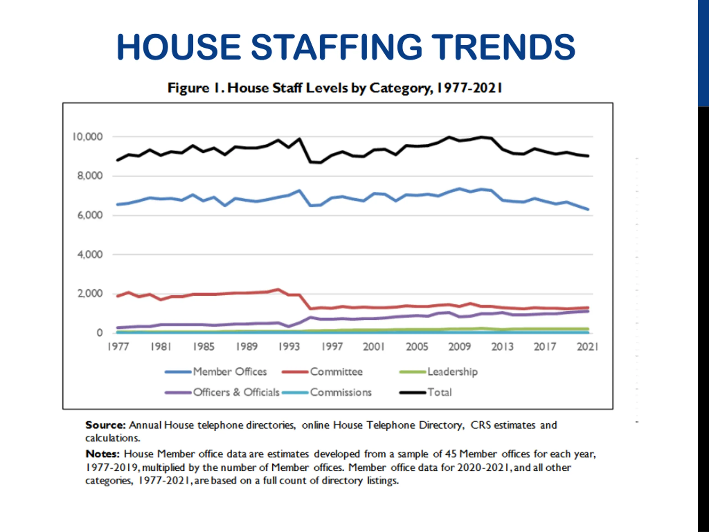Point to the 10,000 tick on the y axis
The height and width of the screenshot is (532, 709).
(88, 137)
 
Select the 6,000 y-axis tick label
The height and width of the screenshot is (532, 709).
(90, 215)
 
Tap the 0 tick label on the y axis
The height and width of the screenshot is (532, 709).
(100, 333)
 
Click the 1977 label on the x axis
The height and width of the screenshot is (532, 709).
(118, 347)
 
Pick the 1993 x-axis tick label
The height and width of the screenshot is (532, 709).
(289, 347)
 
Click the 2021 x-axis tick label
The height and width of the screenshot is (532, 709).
(587, 347)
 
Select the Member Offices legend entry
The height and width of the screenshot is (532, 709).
(230, 372)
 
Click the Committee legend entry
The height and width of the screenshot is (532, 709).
(336, 372)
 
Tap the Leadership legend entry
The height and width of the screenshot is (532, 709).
(452, 372)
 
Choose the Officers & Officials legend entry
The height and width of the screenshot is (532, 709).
(236, 392)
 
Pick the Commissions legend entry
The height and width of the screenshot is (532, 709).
(340, 392)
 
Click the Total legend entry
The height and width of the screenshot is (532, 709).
(440, 392)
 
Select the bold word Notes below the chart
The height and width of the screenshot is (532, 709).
(102, 454)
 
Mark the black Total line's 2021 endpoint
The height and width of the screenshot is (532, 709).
(588, 156)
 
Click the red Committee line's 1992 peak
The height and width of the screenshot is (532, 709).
(278, 290)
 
